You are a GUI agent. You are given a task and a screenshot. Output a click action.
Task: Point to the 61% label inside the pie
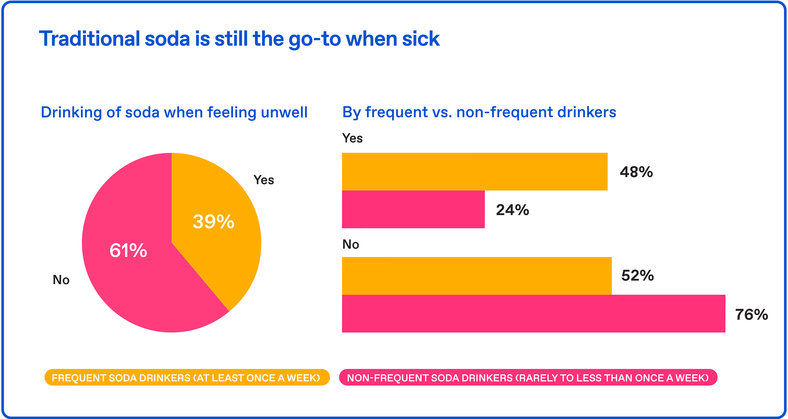128,250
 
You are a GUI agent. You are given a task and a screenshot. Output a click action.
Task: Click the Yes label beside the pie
264,180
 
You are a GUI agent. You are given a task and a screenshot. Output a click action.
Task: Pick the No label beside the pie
61,280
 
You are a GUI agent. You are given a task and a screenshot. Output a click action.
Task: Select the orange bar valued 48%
474,172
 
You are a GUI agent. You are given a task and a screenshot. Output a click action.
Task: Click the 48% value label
636,172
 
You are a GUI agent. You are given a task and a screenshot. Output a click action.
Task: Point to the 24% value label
512,210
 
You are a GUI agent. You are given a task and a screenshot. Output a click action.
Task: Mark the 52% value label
638,276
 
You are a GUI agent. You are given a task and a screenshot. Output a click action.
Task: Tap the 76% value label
751,315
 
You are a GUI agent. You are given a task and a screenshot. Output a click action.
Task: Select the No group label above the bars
350,244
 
